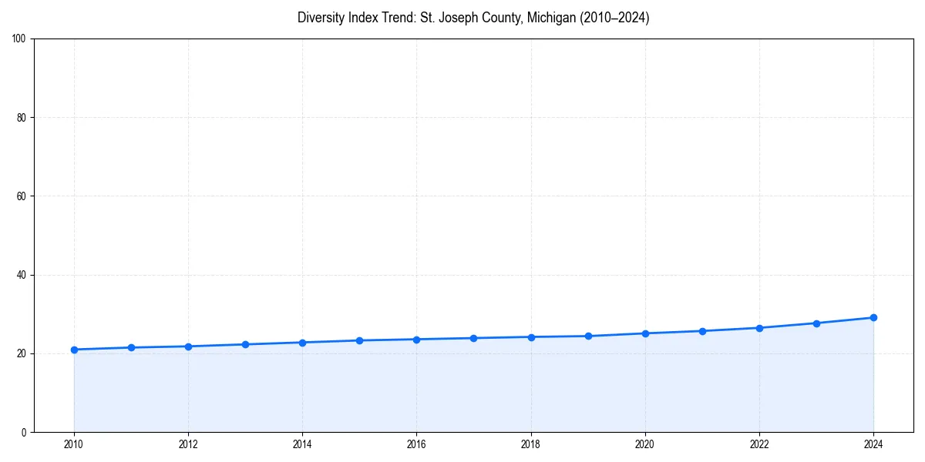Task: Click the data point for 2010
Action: coord(74,350)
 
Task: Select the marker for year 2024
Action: coord(873,317)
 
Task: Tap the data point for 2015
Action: coord(359,340)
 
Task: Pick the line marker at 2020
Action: coord(645,333)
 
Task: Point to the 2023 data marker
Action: coord(816,323)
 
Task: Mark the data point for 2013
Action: coord(245,344)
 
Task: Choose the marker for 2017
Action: coord(473,338)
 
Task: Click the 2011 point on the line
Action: coord(131,347)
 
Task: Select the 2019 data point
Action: coord(588,336)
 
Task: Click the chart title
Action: coord(473,18)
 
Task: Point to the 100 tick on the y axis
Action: coord(19,38)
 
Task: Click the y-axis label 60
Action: coord(22,196)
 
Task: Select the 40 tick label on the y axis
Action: coord(22,275)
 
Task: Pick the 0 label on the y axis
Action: coord(24,432)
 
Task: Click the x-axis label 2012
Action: coord(188,444)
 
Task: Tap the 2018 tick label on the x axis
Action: coord(530,444)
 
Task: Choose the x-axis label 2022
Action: coord(759,444)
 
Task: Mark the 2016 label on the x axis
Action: coord(416,444)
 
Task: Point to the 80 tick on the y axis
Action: coord(22,118)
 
